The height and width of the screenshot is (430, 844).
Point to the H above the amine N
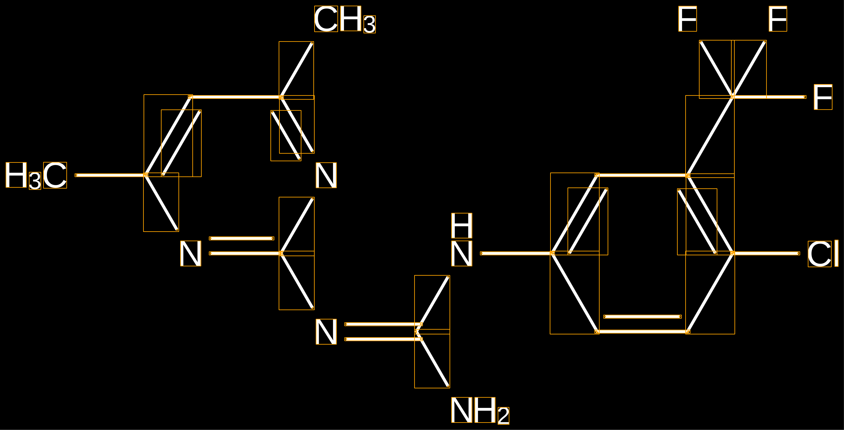coord(462,226)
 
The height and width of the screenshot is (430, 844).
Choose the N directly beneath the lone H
coord(462,254)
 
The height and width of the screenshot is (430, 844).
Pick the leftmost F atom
coord(687,19)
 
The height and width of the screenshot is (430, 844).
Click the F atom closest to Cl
coord(823,97)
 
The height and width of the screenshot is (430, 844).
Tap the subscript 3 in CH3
coord(370,24)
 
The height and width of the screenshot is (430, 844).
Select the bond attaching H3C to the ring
coord(110,175)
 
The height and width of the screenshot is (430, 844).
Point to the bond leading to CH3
coord(296,70)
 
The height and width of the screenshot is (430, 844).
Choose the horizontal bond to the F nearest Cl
coord(769,97)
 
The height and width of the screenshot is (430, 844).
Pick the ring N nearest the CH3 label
coord(326,175)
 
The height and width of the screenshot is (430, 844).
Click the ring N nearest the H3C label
coord(191,254)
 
